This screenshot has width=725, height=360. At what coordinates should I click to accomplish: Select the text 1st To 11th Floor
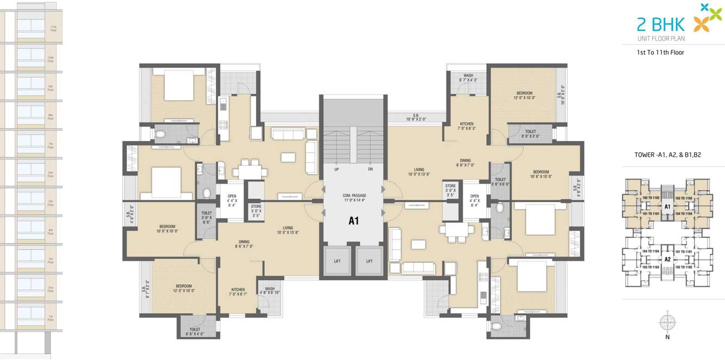click(x=660, y=53)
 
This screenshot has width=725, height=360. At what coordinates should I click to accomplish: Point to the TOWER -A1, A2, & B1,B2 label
click(x=667, y=155)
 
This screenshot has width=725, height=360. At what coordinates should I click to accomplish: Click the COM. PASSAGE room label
click(x=354, y=198)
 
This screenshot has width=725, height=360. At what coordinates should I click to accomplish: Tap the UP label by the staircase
click(x=336, y=169)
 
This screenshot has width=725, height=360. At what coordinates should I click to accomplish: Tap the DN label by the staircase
click(x=370, y=169)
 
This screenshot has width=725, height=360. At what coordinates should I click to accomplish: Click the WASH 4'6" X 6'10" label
click(x=269, y=290)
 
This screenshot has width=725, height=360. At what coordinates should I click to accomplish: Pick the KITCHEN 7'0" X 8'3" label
click(x=467, y=126)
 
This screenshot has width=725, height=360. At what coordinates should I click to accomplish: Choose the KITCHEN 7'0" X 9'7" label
click(x=238, y=292)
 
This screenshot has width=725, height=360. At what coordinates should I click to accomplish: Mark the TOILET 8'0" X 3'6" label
click(x=530, y=134)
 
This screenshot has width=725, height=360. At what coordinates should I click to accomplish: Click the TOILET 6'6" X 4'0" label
click(x=194, y=331)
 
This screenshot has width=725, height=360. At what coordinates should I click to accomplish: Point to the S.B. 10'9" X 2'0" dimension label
click(x=416, y=117)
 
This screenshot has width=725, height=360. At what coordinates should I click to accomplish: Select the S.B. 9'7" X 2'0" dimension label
click(x=145, y=288)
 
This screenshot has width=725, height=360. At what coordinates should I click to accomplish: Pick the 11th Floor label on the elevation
click(x=53, y=28)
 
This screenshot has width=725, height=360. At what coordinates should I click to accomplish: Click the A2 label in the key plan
click(x=668, y=259)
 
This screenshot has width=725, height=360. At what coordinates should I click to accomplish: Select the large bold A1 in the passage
click(x=354, y=221)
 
